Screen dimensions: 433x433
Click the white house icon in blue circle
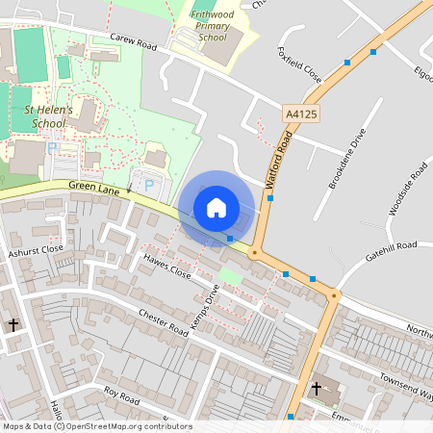click(x=216, y=207)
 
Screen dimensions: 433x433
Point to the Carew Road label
click(x=132, y=42)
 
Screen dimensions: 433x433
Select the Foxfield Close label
click(x=297, y=64)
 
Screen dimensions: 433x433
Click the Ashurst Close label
click(x=35, y=249)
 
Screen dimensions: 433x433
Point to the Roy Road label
click(x=122, y=395)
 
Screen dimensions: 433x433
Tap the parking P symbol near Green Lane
click(x=148, y=183)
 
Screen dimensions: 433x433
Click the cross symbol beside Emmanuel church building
click(x=317, y=389)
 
